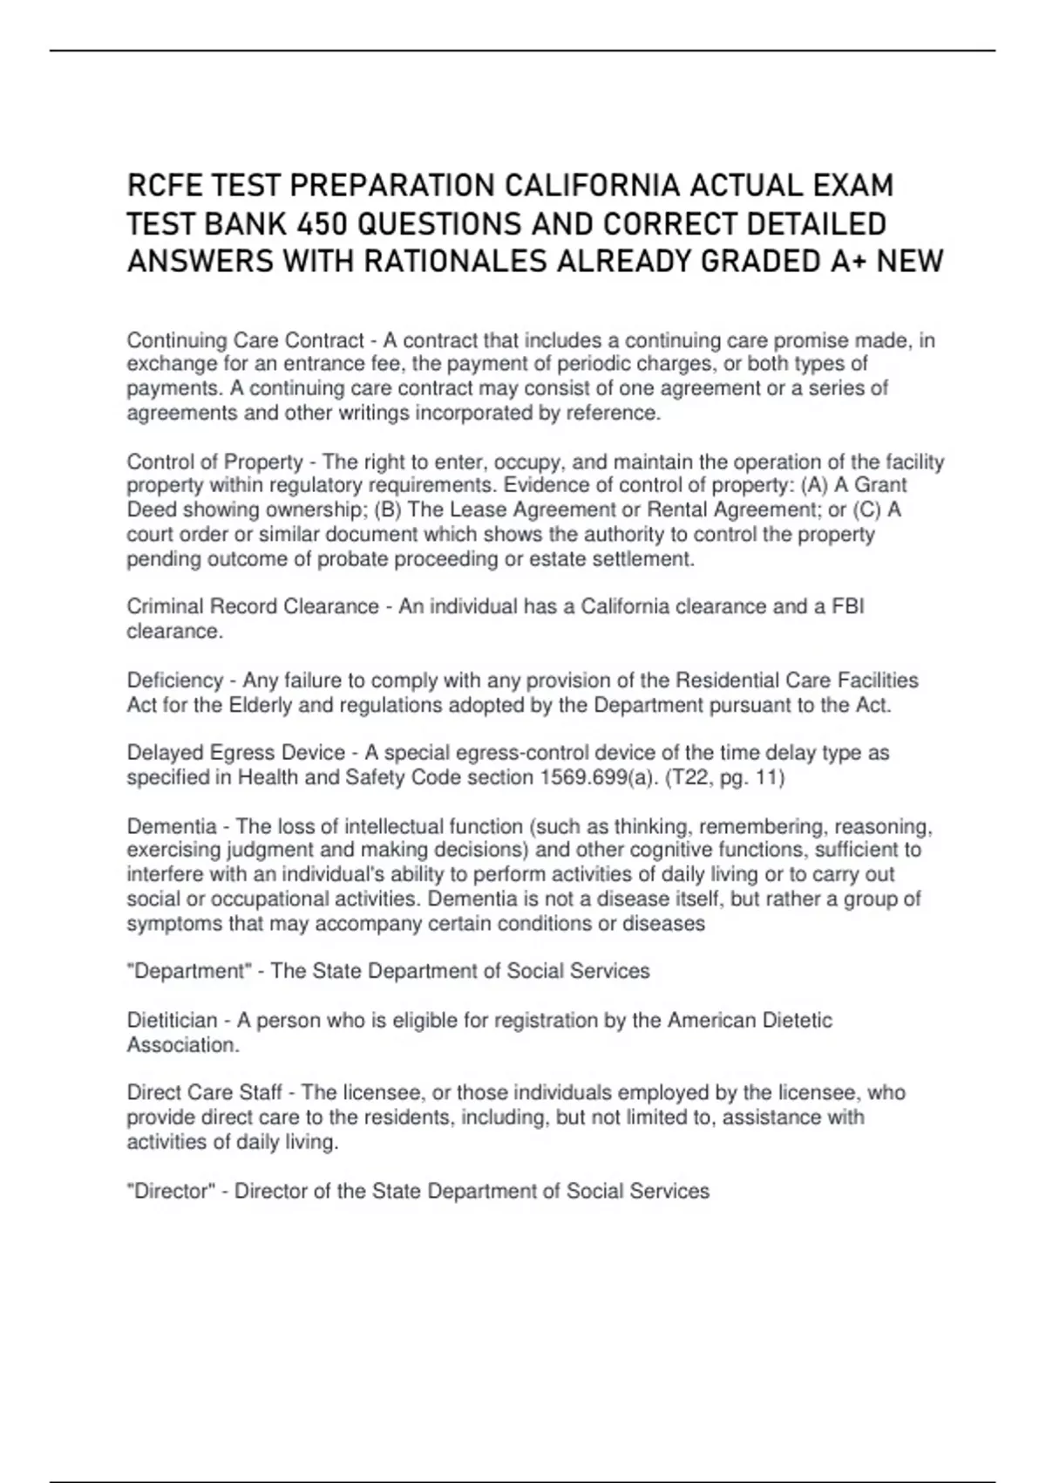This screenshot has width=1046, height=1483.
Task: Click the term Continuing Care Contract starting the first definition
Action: [x=245, y=340]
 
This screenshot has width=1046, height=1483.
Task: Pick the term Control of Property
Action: [x=214, y=461]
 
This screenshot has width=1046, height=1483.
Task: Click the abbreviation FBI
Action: [x=847, y=606]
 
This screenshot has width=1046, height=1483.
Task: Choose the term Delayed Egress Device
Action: [x=236, y=753]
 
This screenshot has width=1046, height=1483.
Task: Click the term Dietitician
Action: [x=172, y=1021]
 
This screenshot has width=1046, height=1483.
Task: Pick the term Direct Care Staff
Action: [x=204, y=1093]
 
